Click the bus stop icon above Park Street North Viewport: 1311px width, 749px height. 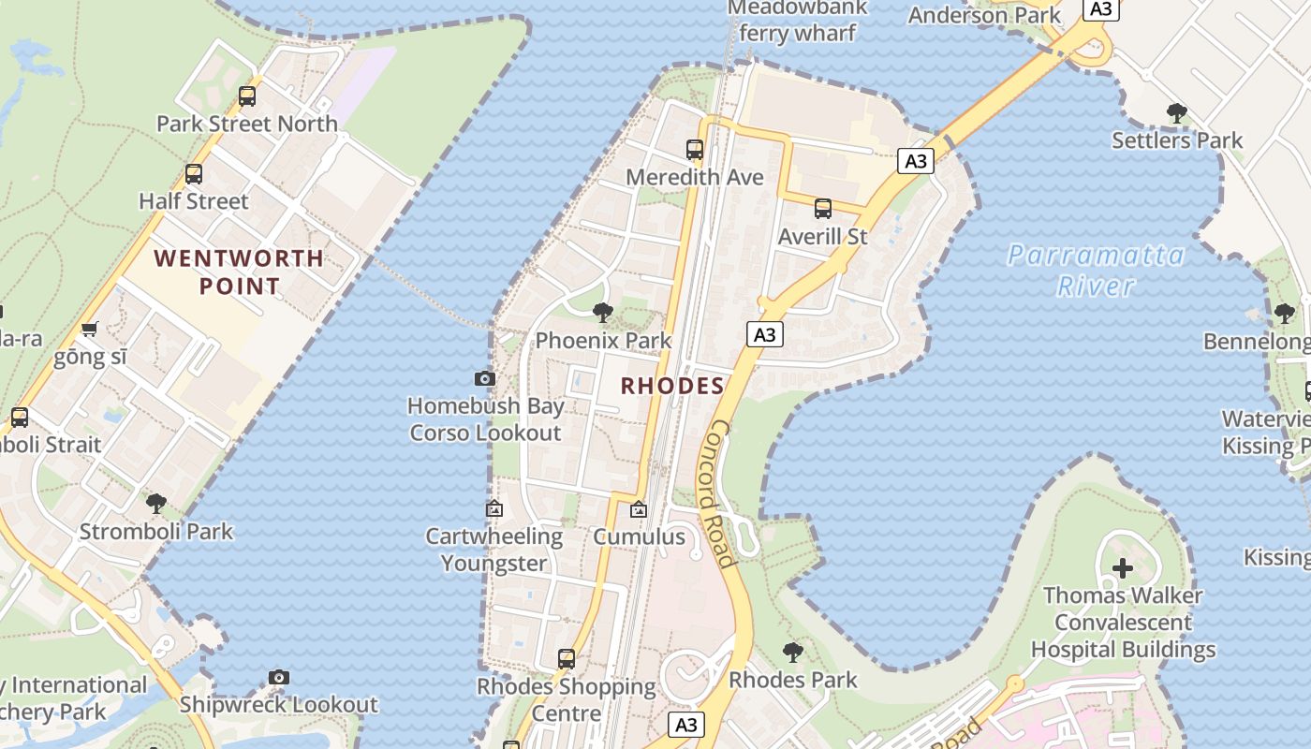(247, 95)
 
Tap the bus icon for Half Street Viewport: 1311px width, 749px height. (194, 174)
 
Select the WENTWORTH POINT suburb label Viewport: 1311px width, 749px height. (239, 272)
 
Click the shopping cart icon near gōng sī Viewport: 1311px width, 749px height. (89, 329)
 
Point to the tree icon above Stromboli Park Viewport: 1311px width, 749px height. (156, 504)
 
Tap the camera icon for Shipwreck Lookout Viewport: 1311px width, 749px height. (278, 677)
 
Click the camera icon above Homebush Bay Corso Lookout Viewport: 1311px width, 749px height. (484, 378)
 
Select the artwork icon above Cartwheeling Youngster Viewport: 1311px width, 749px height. (494, 509)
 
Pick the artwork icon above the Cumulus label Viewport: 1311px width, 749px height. (639, 510)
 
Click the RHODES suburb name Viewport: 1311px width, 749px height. (672, 386)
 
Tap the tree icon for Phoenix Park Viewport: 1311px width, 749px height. (603, 313)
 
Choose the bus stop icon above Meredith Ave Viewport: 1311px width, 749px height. (695, 150)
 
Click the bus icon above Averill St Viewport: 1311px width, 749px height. (823, 209)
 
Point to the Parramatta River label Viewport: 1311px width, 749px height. (1096, 270)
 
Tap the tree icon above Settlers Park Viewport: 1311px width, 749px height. (1177, 113)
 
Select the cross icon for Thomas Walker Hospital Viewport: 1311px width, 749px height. (1122, 567)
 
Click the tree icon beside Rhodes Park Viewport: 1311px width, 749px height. (793, 653)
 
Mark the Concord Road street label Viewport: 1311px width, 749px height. (717, 493)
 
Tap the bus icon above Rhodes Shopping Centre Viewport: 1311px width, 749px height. (567, 659)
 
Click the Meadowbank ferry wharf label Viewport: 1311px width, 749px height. (797, 21)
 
